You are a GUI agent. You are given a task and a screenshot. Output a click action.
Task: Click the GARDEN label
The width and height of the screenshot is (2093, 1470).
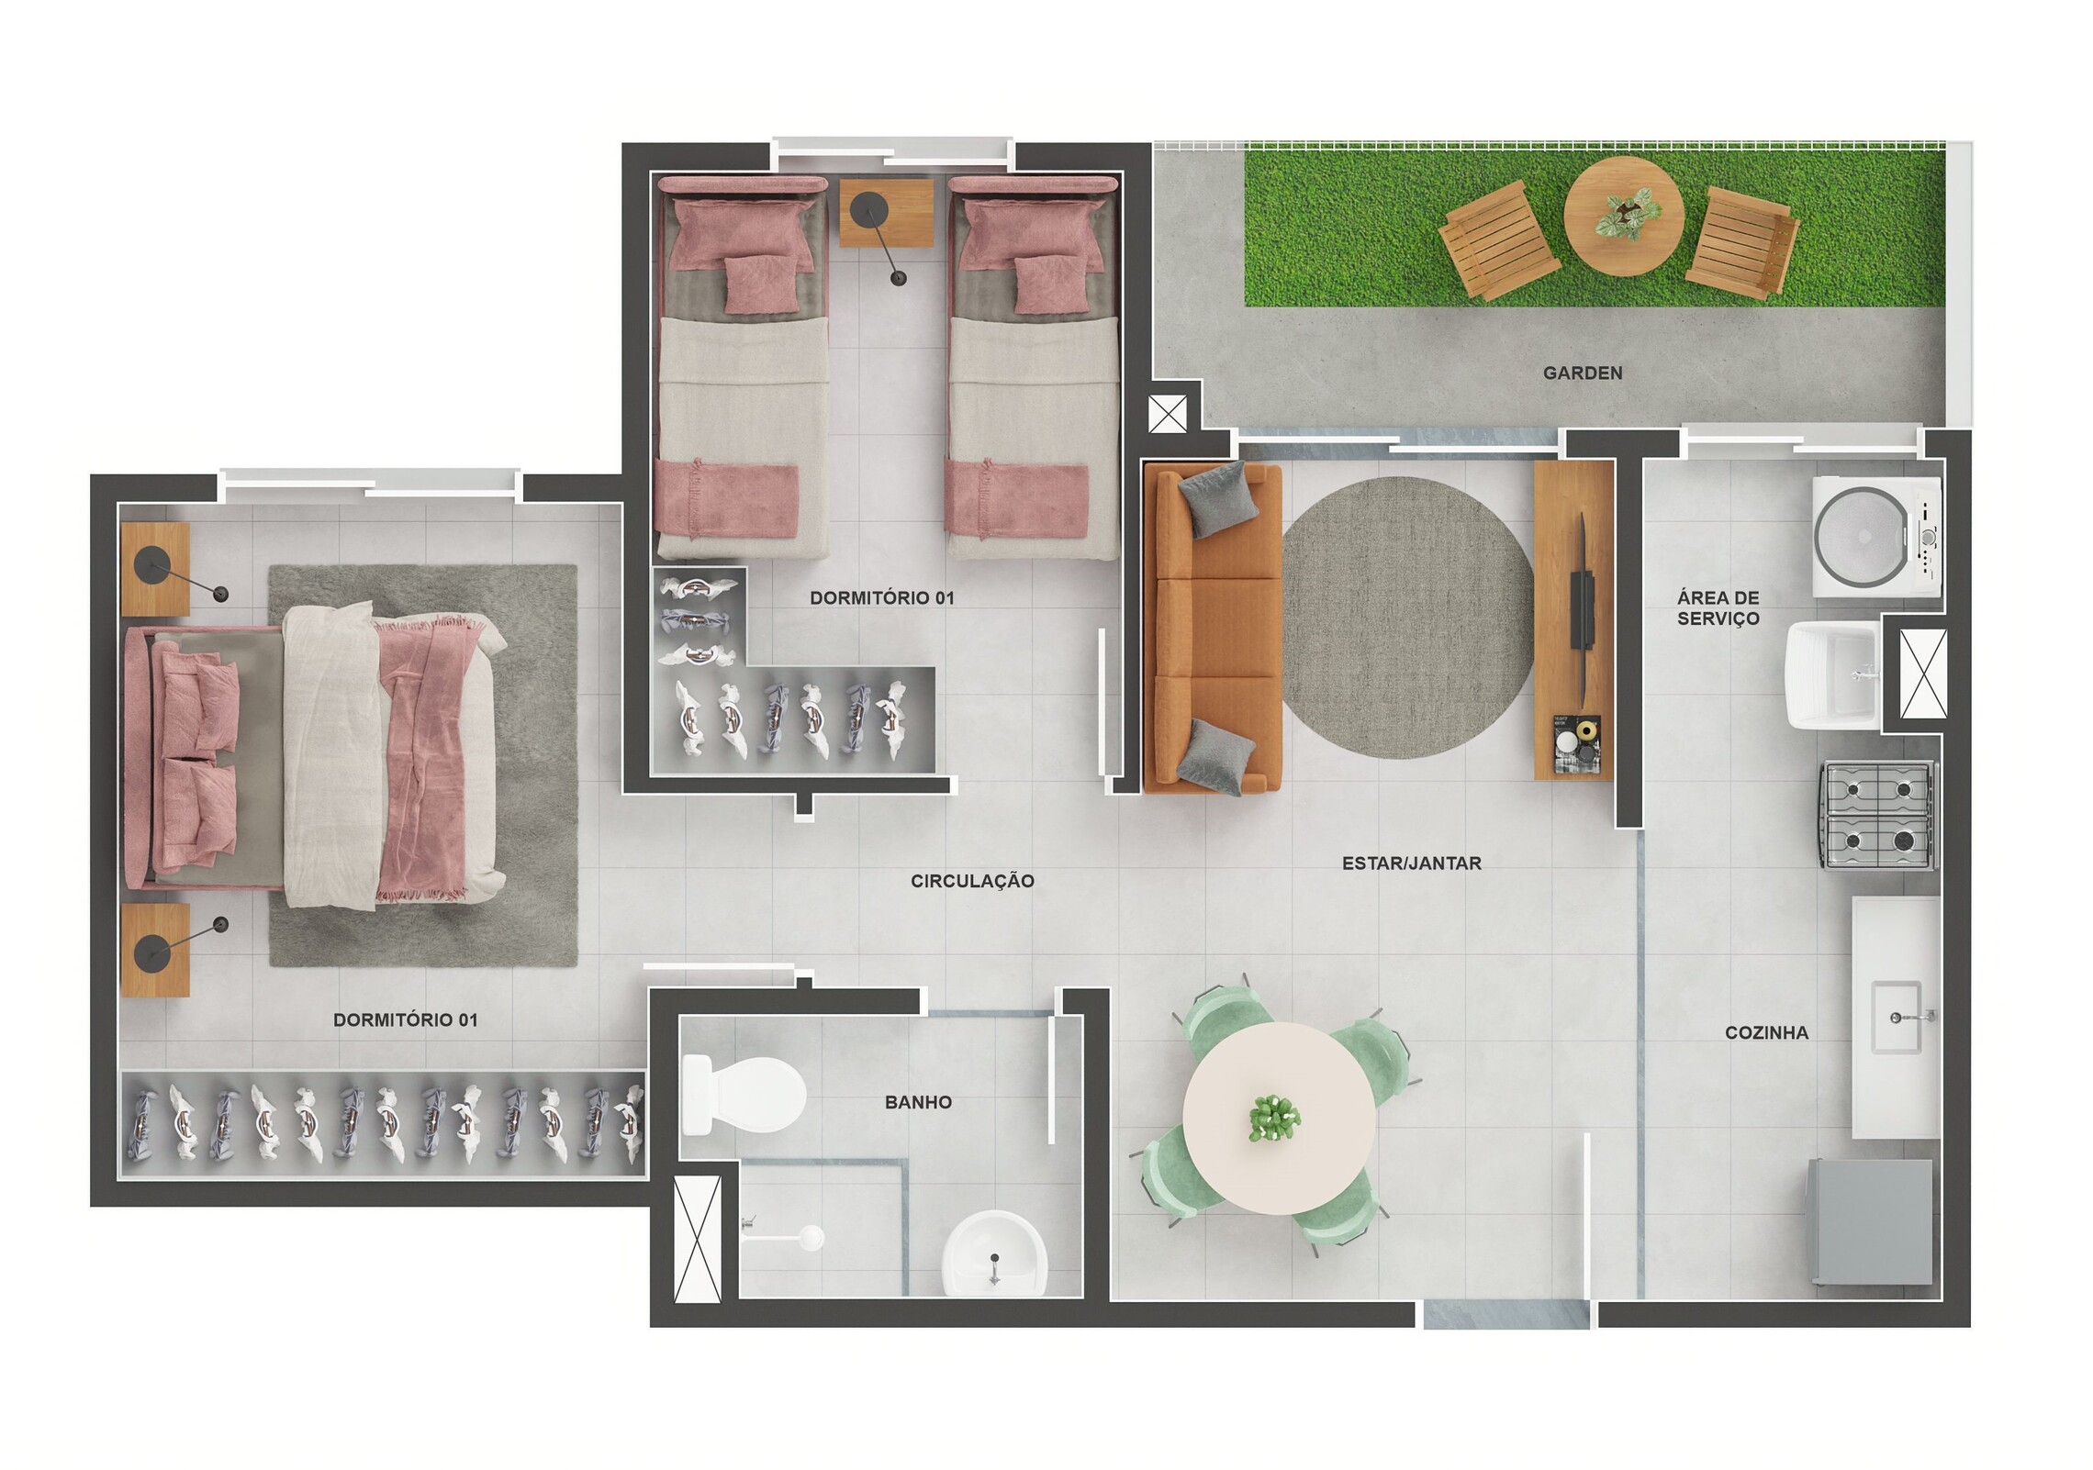pos(1582,373)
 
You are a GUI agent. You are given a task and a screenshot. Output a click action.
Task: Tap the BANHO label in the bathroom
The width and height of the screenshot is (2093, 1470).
pos(918,1102)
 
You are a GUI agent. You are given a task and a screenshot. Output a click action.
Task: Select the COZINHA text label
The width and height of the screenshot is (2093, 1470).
pos(1766,1032)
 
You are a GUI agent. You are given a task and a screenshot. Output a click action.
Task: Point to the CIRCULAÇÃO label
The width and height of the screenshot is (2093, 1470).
pos(972,881)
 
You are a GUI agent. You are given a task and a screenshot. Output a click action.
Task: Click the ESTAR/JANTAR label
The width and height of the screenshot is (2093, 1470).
pos(1411,863)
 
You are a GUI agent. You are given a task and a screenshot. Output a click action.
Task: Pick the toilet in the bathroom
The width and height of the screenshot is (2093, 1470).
pos(744,1095)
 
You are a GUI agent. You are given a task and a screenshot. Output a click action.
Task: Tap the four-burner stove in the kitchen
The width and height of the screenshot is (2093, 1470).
pos(1878,815)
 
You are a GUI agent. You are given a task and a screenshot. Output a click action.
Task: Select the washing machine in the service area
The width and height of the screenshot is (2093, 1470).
pos(1876,537)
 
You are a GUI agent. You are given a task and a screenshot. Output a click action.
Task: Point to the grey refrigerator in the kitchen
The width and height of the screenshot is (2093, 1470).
pos(1870,1222)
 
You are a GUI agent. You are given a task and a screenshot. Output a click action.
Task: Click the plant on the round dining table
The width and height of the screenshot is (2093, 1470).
pos(1275,1119)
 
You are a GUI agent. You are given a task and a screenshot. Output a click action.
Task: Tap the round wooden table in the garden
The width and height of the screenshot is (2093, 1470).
pos(1623,216)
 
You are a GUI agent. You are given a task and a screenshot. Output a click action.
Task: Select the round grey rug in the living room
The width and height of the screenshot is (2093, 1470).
pos(1406,618)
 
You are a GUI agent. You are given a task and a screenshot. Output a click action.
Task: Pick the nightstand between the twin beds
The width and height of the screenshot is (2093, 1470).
pos(886,213)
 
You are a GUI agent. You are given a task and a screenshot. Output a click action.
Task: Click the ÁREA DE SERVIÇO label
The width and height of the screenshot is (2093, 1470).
pos(1718,608)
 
